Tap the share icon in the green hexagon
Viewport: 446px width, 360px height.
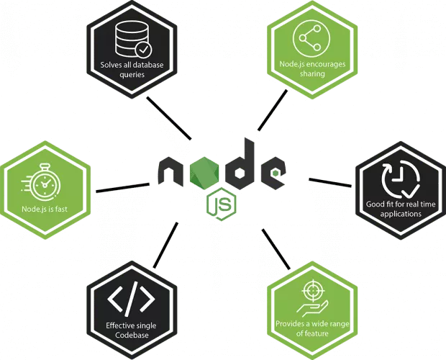pyautogui.click(x=311, y=40)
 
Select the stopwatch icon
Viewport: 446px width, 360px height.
pyautogui.click(x=45, y=181)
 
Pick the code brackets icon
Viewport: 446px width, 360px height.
pyautogui.click(x=130, y=297)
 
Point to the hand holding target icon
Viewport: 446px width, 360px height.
pyautogui.click(x=311, y=297)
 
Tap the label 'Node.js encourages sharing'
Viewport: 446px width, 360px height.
pyautogui.click(x=312, y=68)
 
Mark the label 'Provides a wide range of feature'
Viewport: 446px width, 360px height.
pyautogui.click(x=311, y=328)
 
